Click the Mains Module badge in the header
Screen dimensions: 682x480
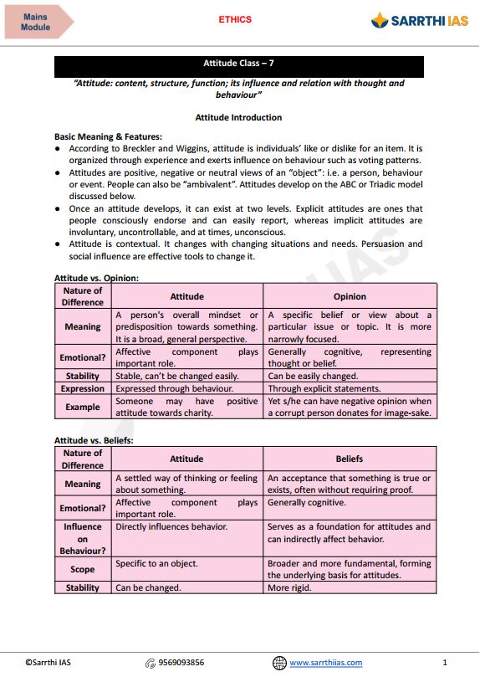point(36,22)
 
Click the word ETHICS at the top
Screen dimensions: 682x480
point(235,19)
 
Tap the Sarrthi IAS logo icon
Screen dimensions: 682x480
point(380,21)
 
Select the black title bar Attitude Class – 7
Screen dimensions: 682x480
point(238,64)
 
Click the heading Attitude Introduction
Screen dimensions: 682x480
point(238,118)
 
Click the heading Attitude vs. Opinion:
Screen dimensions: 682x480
point(96,278)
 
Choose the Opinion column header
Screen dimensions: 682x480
point(350,296)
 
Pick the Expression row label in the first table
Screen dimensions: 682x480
point(83,389)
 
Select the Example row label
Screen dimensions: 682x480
point(83,408)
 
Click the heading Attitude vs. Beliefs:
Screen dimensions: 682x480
point(94,440)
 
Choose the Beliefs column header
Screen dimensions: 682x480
point(350,459)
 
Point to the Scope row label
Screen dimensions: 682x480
point(83,569)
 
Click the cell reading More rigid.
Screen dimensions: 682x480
point(289,587)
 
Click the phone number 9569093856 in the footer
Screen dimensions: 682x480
point(181,663)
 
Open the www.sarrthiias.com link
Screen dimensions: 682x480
point(325,663)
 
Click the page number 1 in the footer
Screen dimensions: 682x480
point(445,663)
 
